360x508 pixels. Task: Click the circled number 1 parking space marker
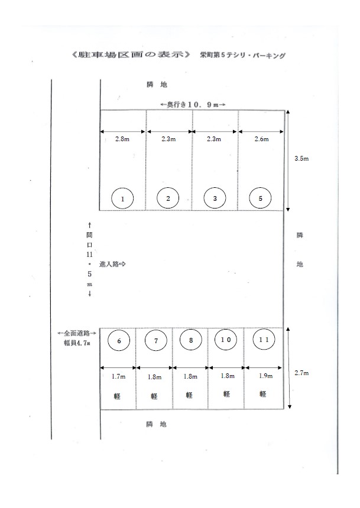[x=122, y=198]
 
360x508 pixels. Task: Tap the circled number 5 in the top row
[x=260, y=198]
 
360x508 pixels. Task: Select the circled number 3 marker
[x=215, y=198]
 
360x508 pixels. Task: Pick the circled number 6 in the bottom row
[x=119, y=340]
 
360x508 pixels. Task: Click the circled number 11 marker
[x=264, y=340]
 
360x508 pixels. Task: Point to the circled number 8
[x=191, y=340]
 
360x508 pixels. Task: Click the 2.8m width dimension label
[x=122, y=139]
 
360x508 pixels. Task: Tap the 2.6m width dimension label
[x=261, y=139]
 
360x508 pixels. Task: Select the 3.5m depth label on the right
[x=301, y=158]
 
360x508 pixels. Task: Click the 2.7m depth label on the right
[x=301, y=373]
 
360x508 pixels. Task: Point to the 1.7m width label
[x=118, y=376]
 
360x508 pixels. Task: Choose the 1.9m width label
[x=265, y=376]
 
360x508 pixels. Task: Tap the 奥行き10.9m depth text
[x=193, y=105]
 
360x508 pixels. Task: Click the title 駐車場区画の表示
[x=131, y=54]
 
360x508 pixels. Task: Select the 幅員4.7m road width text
[x=77, y=343]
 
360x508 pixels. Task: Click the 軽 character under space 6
[x=117, y=396]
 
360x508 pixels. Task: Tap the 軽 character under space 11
[x=262, y=394]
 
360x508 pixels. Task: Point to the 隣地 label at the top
[x=157, y=85]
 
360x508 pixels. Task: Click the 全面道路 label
[x=77, y=333]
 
